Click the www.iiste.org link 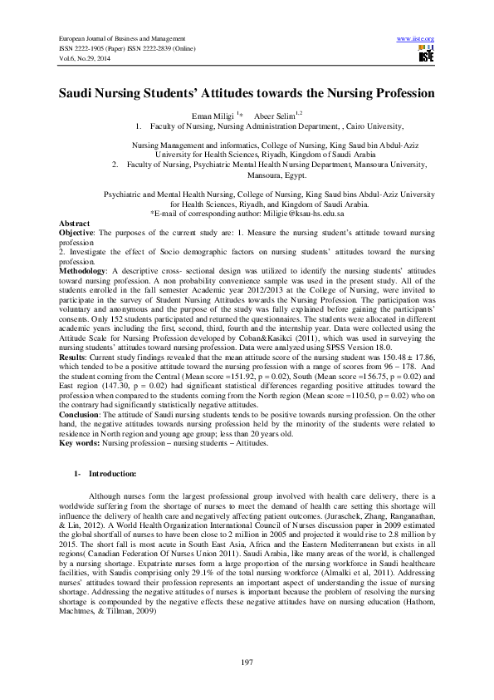pos(417,39)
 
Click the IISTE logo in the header pos(427,56)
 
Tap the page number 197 pos(247,661)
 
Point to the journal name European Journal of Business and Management pos(119,39)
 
